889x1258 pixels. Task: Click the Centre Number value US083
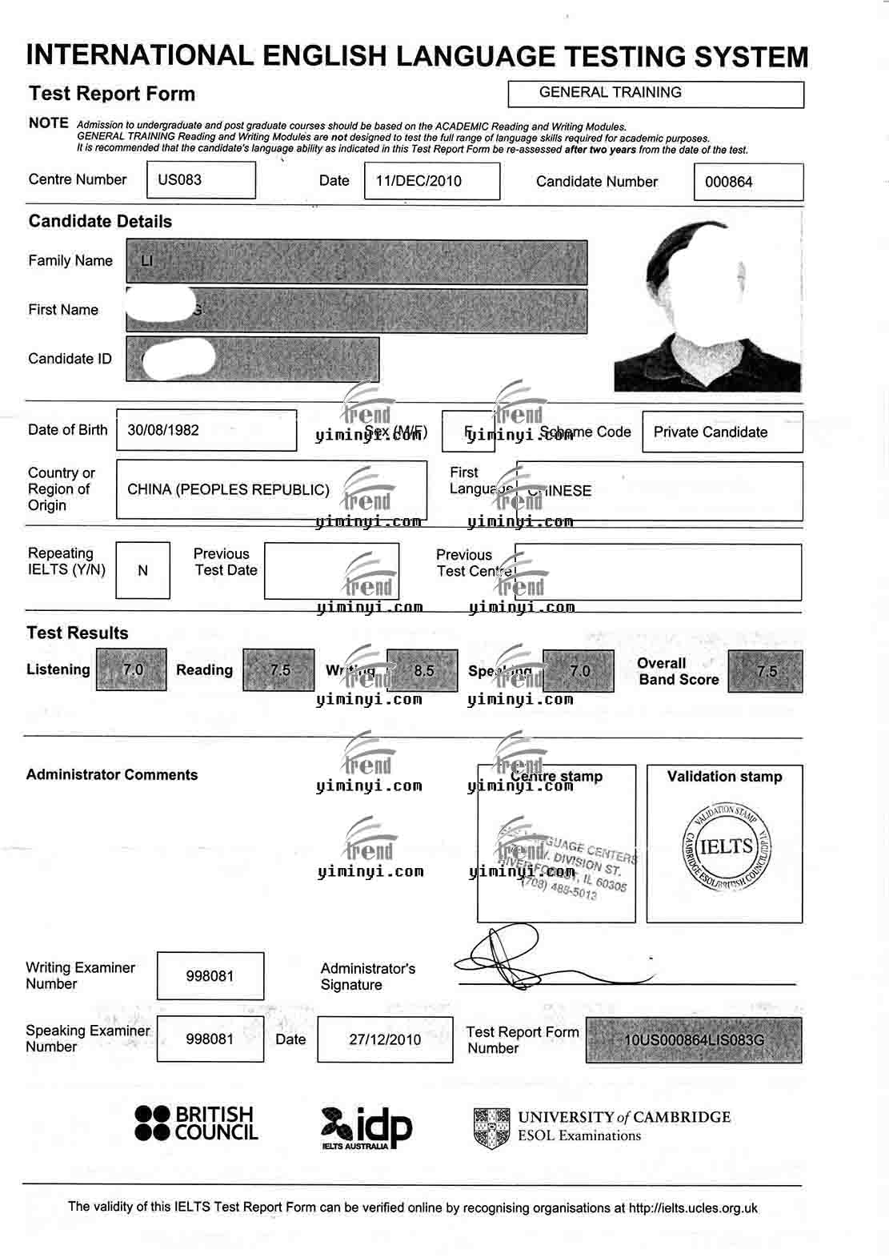click(x=180, y=180)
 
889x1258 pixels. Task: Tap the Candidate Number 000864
click(x=729, y=182)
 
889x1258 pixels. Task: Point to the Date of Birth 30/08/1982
click(x=163, y=430)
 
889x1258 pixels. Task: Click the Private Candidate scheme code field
click(x=711, y=432)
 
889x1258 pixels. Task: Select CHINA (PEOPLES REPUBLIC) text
click(x=228, y=489)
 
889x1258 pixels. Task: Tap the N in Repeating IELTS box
click(x=142, y=571)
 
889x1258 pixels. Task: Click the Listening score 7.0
click(x=132, y=669)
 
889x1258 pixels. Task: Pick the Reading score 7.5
click(x=279, y=669)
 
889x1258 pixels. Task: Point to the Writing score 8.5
click(x=423, y=670)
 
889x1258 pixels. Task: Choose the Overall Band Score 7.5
click(x=766, y=671)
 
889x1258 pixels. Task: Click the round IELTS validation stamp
click(x=727, y=848)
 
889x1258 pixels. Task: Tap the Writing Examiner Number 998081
click(x=210, y=976)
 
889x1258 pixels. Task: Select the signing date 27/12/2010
click(x=385, y=1039)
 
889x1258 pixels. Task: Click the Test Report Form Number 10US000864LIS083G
click(x=694, y=1040)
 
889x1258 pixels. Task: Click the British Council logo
click(x=196, y=1123)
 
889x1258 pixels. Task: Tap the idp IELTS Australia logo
click(x=366, y=1127)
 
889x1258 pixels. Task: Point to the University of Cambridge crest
click(x=491, y=1128)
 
